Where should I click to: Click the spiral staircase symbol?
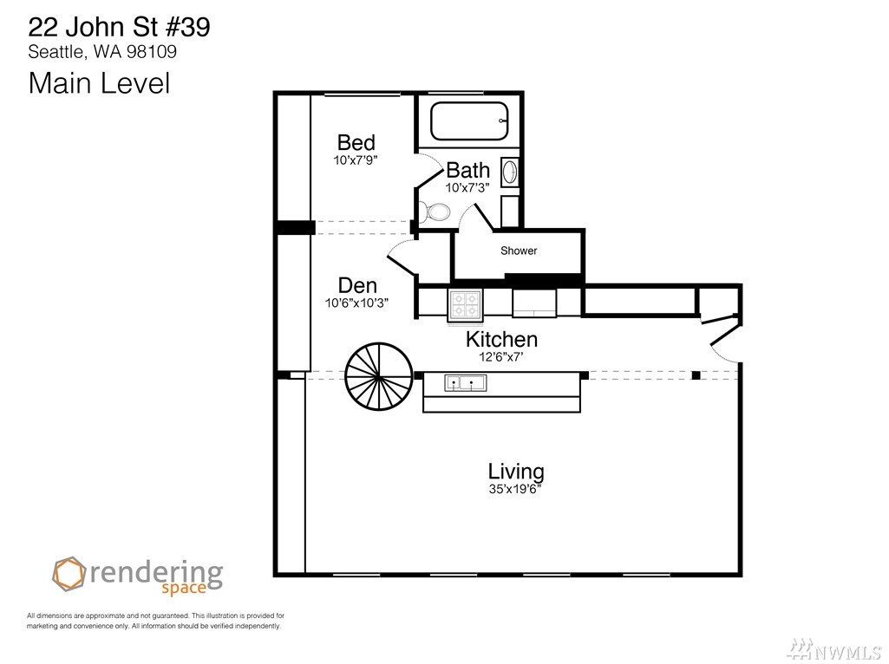click(x=379, y=375)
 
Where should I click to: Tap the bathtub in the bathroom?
click(x=469, y=120)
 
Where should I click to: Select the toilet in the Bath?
click(x=435, y=212)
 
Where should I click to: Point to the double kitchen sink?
click(x=464, y=383)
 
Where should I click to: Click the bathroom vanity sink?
click(x=510, y=172)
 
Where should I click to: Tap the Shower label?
click(x=518, y=251)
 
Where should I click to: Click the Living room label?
click(x=516, y=472)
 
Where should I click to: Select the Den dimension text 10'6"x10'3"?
click(x=356, y=303)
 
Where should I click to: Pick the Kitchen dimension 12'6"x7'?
click(x=501, y=356)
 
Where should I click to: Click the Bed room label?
click(x=356, y=141)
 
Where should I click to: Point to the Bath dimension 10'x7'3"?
click(x=467, y=187)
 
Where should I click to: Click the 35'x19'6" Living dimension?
click(x=515, y=489)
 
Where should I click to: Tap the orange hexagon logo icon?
click(x=69, y=574)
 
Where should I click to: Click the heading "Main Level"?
click(x=99, y=82)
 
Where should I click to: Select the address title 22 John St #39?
click(x=119, y=27)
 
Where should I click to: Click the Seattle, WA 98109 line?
click(x=102, y=51)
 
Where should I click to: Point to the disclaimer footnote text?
click(x=155, y=621)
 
